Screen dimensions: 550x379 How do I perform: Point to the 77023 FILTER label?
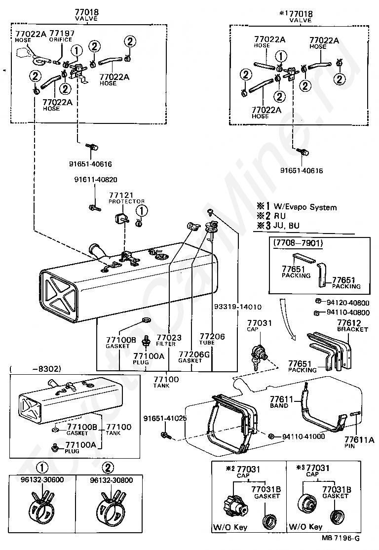click(x=169, y=340)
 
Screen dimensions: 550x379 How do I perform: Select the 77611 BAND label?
click(x=281, y=402)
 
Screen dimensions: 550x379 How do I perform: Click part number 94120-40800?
click(x=347, y=302)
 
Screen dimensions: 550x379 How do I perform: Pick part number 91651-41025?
click(x=165, y=419)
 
